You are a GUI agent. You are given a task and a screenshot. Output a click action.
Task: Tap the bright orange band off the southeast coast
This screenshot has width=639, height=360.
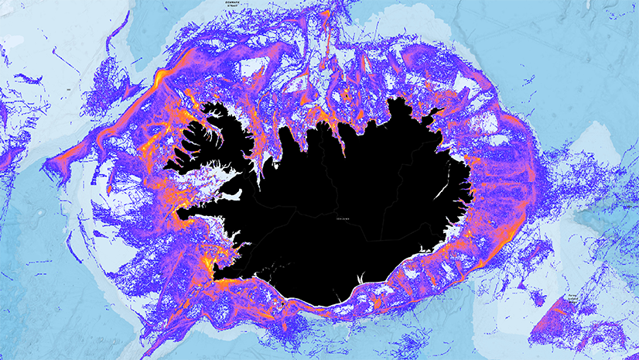coord(456,255)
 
